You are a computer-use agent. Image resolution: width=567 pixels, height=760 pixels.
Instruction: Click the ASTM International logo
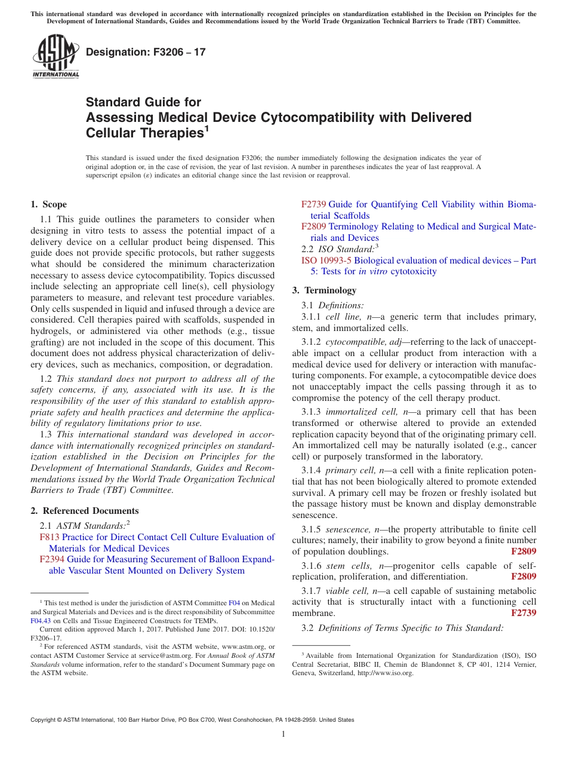tap(56, 57)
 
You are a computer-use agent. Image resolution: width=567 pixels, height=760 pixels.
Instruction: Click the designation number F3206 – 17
tap(146, 52)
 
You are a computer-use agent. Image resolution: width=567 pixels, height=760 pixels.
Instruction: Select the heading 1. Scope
tap(49, 204)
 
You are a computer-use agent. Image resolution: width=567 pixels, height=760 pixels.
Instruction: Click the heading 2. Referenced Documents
tap(85, 511)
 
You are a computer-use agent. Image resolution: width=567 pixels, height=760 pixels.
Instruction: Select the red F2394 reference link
tap(52, 559)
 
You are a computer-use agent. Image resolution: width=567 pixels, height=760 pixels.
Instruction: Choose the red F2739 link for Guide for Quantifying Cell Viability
tap(313, 204)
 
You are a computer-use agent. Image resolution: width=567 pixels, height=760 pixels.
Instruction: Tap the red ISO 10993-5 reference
tap(326, 261)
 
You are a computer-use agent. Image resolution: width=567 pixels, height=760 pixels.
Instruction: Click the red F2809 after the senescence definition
tap(523, 551)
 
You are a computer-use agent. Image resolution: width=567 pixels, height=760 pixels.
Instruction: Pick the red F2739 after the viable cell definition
tap(523, 613)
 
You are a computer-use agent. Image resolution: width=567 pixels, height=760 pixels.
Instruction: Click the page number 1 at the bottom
tap(283, 734)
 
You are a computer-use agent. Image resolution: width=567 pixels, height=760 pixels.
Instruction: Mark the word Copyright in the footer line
tap(44, 720)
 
